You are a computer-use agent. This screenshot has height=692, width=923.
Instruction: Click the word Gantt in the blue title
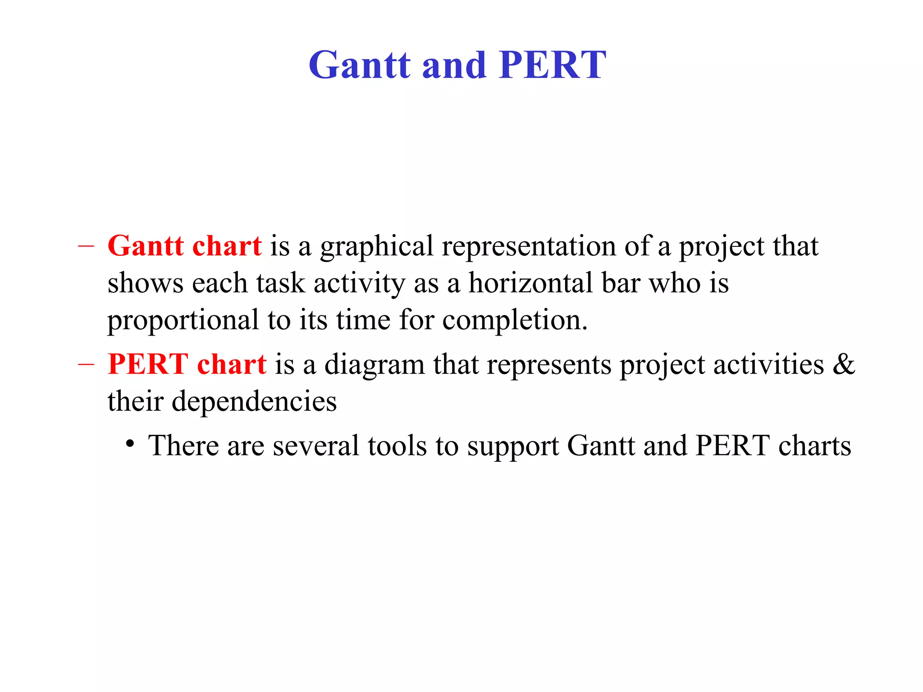pyautogui.click(x=359, y=65)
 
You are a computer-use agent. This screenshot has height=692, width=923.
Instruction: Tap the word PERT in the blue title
pyautogui.click(x=553, y=65)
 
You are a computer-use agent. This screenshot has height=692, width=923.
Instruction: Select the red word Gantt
pyautogui.click(x=146, y=246)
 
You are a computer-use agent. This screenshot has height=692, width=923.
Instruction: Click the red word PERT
pyautogui.click(x=148, y=364)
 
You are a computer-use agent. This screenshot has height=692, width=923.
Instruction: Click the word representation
pyautogui.click(x=528, y=247)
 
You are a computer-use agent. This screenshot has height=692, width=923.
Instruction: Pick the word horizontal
pyautogui.click(x=530, y=283)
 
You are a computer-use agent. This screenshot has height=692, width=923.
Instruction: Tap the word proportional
pyautogui.click(x=183, y=320)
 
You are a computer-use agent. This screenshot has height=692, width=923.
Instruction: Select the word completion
pyautogui.click(x=515, y=320)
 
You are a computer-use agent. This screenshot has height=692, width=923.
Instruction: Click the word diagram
pyautogui.click(x=374, y=365)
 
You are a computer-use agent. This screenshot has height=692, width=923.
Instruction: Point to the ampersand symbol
pyautogui.click(x=843, y=364)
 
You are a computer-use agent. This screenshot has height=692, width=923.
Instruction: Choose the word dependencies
pyautogui.click(x=254, y=401)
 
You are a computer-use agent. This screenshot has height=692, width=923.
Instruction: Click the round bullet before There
pyautogui.click(x=130, y=444)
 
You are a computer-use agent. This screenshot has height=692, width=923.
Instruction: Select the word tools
pyautogui.click(x=397, y=446)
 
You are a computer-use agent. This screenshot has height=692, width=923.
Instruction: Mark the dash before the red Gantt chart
pyautogui.click(x=86, y=246)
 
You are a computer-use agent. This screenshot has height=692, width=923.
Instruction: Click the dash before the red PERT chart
pyautogui.click(x=86, y=364)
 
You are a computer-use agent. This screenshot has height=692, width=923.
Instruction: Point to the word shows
pyautogui.click(x=146, y=283)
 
